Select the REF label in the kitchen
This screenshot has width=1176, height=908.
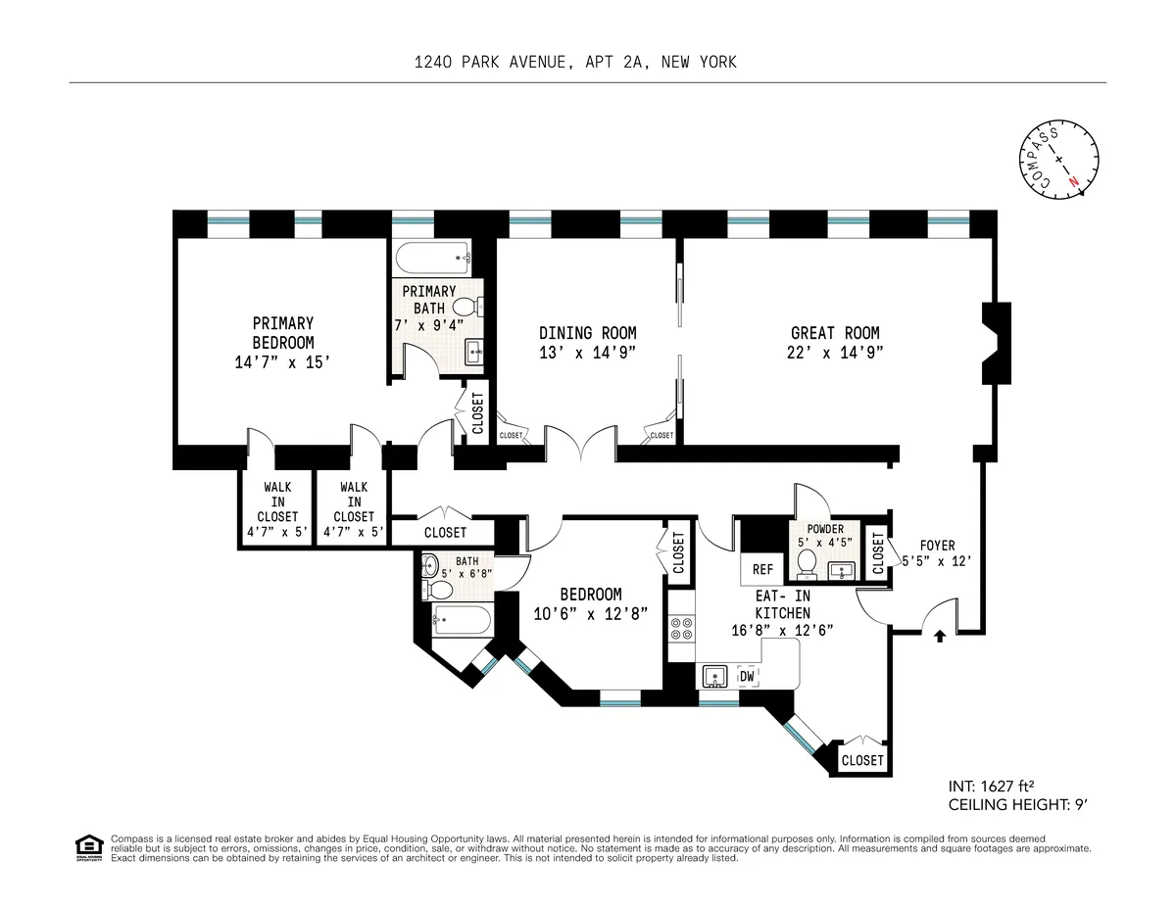tap(762, 569)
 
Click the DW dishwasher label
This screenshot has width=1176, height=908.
tap(747, 676)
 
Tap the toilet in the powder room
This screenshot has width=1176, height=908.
tap(808, 563)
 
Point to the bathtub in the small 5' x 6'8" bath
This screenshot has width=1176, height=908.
tap(460, 619)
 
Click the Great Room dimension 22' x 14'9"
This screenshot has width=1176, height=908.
tap(835, 354)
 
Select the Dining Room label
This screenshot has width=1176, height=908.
tap(587, 333)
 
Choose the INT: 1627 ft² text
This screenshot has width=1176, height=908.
tap(992, 786)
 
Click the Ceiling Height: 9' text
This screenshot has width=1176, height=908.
tap(1018, 805)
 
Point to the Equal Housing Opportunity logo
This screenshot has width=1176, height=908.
tap(88, 848)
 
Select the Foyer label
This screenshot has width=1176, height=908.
tap(936, 546)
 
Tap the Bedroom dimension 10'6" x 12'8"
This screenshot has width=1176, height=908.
tap(590, 614)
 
